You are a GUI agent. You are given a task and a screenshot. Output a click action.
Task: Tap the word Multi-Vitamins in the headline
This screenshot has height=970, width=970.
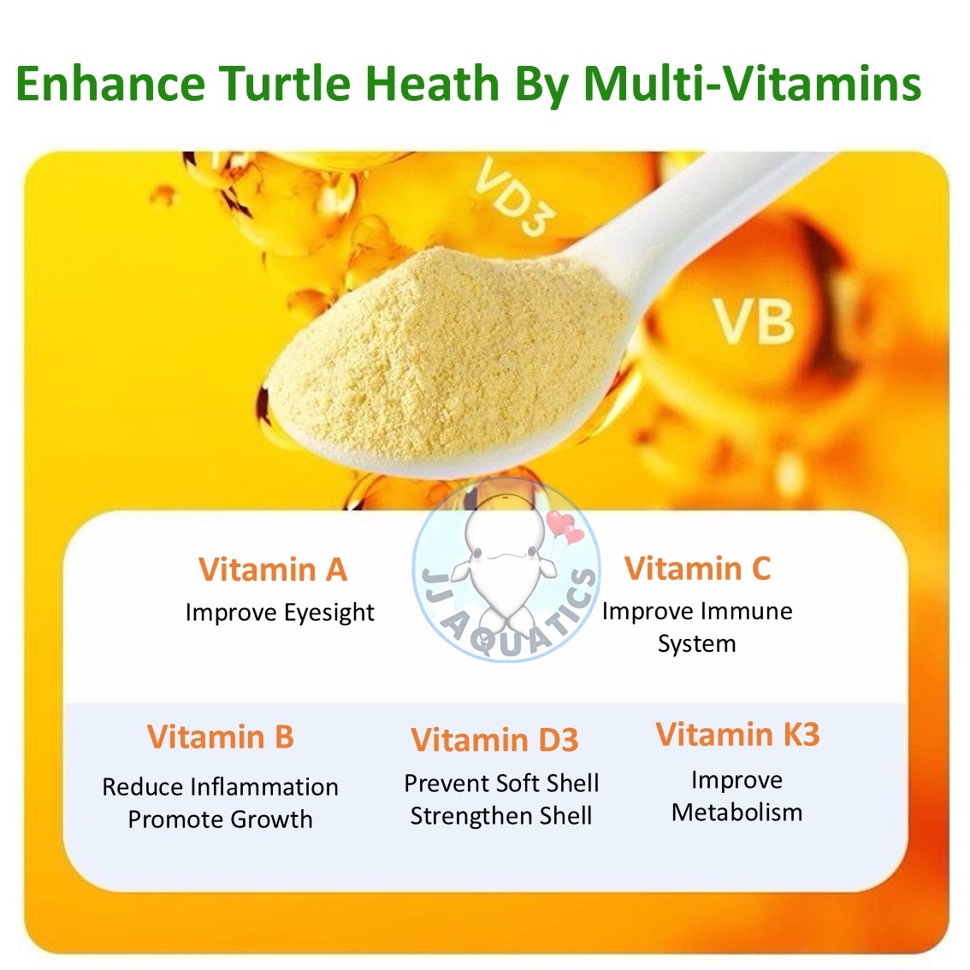coord(753,84)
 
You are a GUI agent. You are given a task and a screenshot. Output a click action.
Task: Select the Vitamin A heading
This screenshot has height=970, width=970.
coord(273,570)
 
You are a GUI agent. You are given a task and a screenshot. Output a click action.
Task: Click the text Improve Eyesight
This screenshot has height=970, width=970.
coord(280,612)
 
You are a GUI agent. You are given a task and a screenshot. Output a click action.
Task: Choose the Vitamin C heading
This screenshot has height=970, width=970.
coord(697,568)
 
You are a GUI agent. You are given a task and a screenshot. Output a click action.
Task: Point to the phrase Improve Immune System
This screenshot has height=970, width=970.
coord(697,627)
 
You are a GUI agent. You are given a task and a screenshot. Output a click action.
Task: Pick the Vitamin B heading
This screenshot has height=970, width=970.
coord(220,736)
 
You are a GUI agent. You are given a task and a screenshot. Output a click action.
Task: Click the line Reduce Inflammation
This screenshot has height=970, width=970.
coord(220,787)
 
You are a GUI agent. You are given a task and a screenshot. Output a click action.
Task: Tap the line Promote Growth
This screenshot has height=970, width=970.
coord(220,819)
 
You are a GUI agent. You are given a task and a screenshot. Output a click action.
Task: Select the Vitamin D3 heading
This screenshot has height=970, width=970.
coord(494,740)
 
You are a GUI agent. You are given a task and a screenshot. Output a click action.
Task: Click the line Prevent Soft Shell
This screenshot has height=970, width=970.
coord(501,784)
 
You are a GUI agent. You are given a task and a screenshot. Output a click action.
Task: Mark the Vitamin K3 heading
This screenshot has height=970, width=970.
coord(737,735)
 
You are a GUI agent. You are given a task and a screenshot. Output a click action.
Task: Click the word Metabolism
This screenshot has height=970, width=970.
coord(736,812)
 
